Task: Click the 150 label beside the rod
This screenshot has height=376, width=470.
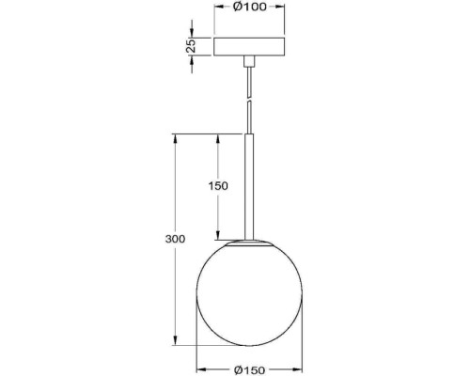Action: [x=218, y=186]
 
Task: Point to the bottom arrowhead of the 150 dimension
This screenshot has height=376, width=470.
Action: [x=218, y=237]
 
